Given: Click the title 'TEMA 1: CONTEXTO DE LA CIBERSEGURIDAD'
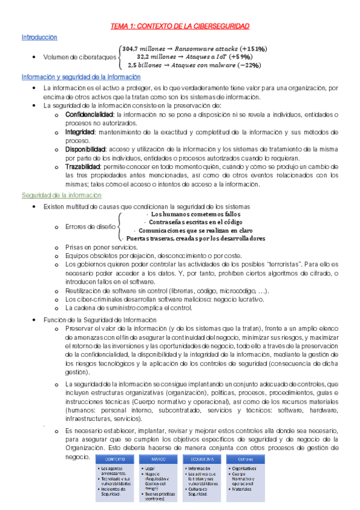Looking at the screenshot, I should [180, 27].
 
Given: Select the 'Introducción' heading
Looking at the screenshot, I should [40, 37].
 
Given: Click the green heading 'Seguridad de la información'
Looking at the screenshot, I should [61, 195].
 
